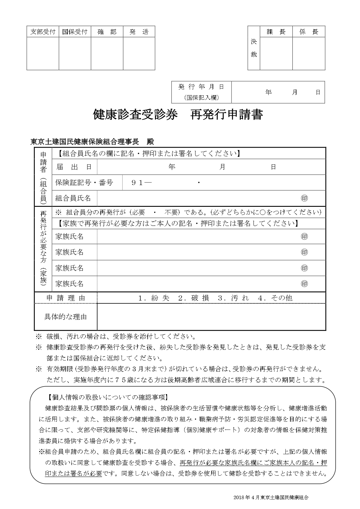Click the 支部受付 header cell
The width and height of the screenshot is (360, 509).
pos(43,32)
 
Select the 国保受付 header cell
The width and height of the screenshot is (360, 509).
pos(75,32)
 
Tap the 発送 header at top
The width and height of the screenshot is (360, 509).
pos(139,32)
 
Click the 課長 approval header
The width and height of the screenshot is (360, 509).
pos(276,32)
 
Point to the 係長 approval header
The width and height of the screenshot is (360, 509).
pos(309,32)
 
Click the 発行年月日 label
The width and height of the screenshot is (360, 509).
pos(201,87)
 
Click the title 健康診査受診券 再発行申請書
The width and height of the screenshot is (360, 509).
pos(178,115)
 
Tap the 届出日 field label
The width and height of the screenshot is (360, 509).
pos(74,167)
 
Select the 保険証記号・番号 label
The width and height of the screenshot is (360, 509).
pos(84,183)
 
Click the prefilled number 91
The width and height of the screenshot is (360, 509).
pos(137,183)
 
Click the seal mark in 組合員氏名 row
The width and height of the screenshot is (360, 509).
pos(304,198)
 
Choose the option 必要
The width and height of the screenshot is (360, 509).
pos(139,212)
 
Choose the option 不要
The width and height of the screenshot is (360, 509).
pos(171,212)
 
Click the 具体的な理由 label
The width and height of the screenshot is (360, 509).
pos(66,317)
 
